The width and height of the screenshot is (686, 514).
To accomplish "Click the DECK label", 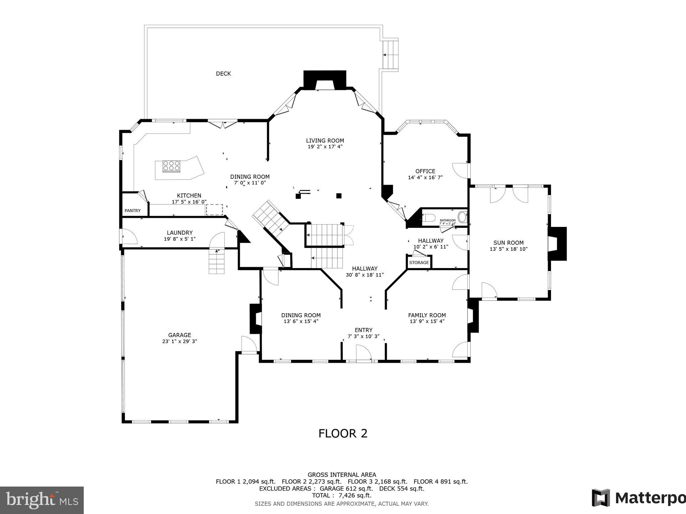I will (223, 74).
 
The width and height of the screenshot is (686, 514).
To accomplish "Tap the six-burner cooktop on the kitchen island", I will (171, 166).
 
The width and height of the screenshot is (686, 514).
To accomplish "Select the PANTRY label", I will (133, 210).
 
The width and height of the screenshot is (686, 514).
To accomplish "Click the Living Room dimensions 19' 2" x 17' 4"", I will (325, 147).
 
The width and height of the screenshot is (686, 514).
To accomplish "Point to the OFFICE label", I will (425, 171).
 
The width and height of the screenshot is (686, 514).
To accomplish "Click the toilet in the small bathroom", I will (428, 218).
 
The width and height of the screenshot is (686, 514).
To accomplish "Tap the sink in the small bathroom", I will (462, 217).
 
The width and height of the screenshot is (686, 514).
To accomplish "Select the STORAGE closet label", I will (419, 262).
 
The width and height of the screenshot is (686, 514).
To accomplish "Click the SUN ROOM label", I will (508, 243).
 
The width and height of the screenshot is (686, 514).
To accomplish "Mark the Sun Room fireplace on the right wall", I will (557, 244).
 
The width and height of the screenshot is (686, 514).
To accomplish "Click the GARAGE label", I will (180, 335).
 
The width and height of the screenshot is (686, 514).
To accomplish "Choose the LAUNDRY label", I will (180, 233).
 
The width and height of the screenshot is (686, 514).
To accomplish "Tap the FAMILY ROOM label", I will (427, 315).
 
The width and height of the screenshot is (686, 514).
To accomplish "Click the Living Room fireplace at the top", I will (324, 80).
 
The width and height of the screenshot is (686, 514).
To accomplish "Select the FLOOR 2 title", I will (343, 433).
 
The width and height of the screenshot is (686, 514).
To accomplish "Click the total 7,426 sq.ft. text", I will (342, 495).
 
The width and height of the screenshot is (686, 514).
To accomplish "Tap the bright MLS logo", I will (42, 500).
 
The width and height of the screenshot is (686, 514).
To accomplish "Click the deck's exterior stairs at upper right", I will (391, 55).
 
